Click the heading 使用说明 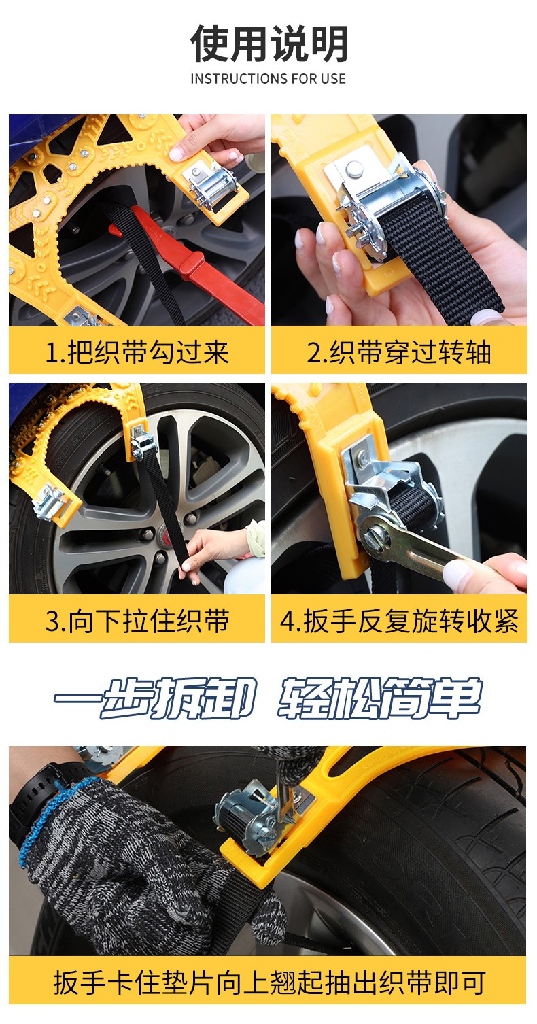pyautogui.click(x=268, y=44)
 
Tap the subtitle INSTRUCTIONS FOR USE pyautogui.click(x=268, y=79)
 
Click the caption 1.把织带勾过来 pyautogui.click(x=137, y=352)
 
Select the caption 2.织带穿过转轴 pyautogui.click(x=399, y=352)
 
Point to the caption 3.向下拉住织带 pyautogui.click(x=137, y=621)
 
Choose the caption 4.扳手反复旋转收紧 pyautogui.click(x=399, y=621)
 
